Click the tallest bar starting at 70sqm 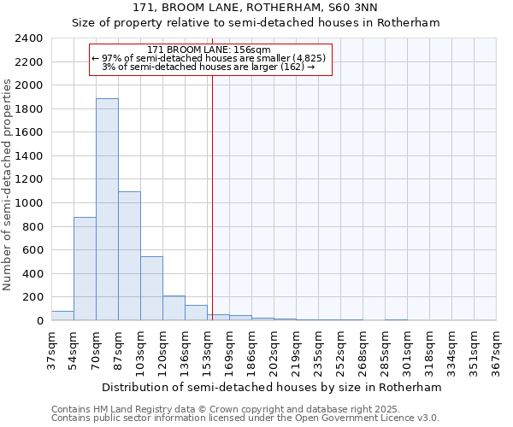pyautogui.click(x=107, y=209)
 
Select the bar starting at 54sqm pyautogui.click(x=85, y=269)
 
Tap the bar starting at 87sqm pyautogui.click(x=129, y=256)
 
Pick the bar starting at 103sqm pyautogui.click(x=151, y=289)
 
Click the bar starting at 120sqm pyautogui.click(x=174, y=308)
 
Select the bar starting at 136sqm pyautogui.click(x=196, y=313)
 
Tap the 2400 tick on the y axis pyautogui.click(x=29, y=38)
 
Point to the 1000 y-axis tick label pyautogui.click(x=29, y=203)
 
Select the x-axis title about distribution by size pyautogui.click(x=274, y=387)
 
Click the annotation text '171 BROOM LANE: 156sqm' pyautogui.click(x=209, y=50)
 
